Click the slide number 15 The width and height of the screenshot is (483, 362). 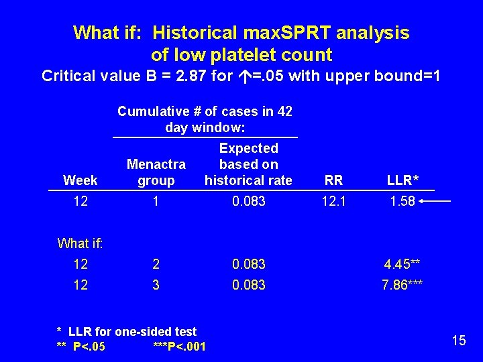[459, 341]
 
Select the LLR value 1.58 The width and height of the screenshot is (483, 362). [402, 202]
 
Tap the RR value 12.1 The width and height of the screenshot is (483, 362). [333, 202]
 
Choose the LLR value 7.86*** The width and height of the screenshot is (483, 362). [402, 285]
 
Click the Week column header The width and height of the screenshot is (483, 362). [80, 180]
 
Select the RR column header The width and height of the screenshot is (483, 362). [333, 180]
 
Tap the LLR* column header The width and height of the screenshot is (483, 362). [402, 180]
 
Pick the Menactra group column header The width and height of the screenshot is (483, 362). [156, 172]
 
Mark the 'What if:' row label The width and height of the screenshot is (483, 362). [80, 243]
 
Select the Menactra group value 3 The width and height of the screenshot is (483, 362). [156, 285]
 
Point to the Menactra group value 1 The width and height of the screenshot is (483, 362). [156, 202]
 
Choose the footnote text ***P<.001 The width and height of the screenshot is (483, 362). [180, 347]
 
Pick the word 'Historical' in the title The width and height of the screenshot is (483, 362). [193, 32]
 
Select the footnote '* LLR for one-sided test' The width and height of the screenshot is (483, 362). [127, 331]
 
